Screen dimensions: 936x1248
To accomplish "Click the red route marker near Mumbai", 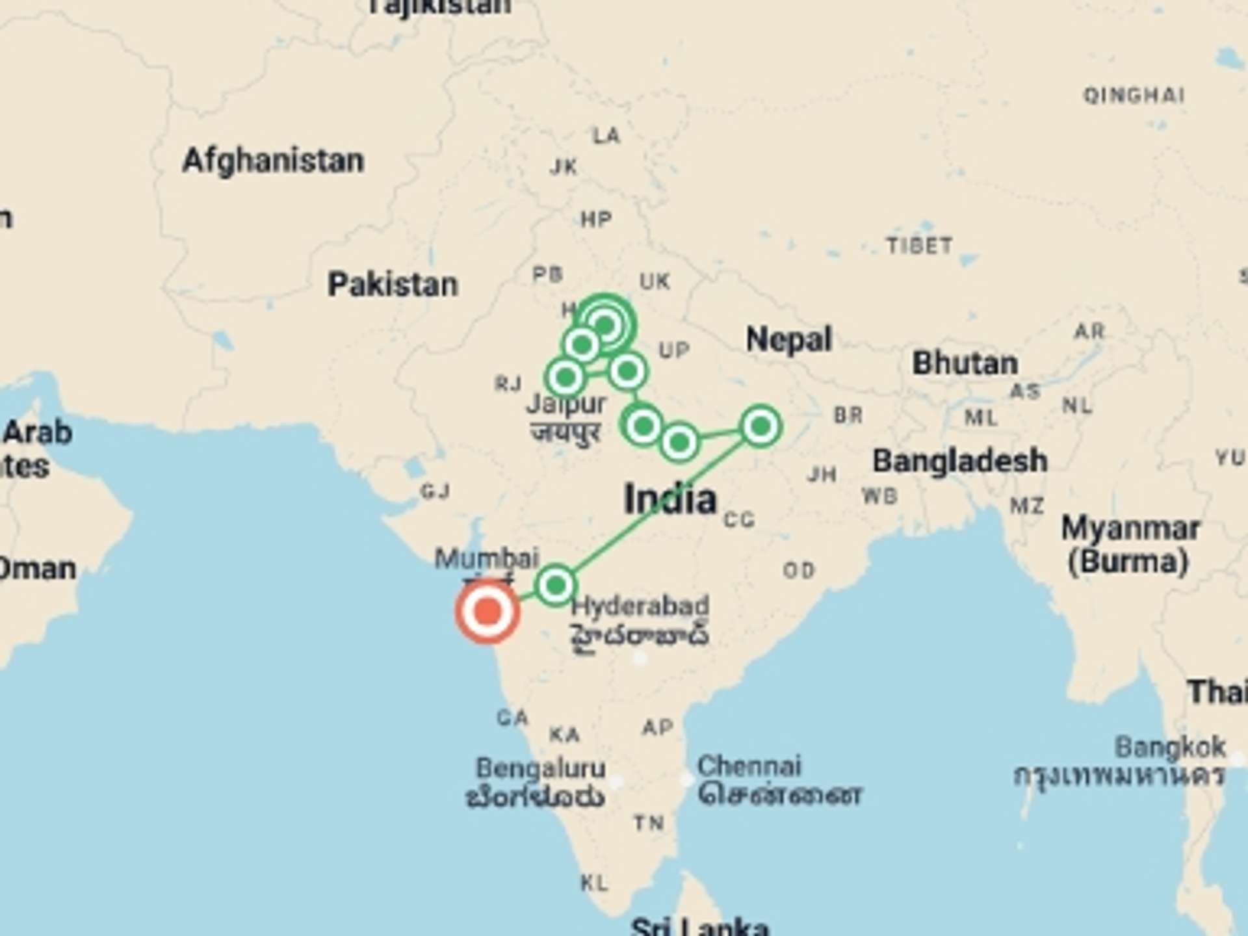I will pos(487,612).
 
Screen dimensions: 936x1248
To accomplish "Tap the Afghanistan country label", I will pos(273,161).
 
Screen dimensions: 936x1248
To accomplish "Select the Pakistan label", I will pos(393,285).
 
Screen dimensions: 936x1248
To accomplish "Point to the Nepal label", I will pos(788,339).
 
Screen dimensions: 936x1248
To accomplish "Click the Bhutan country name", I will pos(965,363).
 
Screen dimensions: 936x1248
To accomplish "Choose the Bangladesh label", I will pos(959,461).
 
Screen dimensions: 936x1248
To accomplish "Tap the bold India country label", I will pos(670,499).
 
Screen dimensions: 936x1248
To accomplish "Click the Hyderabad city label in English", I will pos(640,606).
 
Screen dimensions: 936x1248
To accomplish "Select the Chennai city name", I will pos(749,766).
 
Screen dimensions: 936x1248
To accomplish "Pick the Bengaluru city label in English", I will pos(540,768).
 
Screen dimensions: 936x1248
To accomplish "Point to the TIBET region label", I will pos(919,246).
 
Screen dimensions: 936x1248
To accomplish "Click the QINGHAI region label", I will pos(1134,96).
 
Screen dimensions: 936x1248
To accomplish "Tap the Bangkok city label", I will pos(1170,747).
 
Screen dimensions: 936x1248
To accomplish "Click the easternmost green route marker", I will pos(760,426).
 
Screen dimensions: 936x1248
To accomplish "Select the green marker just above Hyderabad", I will pos(556,586).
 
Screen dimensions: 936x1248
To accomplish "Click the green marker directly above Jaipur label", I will pos(565,376).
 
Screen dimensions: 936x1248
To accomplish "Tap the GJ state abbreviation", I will pos(435,491).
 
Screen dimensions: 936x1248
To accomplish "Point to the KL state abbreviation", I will pos(594,883).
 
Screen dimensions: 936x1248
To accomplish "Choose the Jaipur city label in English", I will pos(566,404).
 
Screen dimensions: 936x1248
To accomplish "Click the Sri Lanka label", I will pos(699,926).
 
